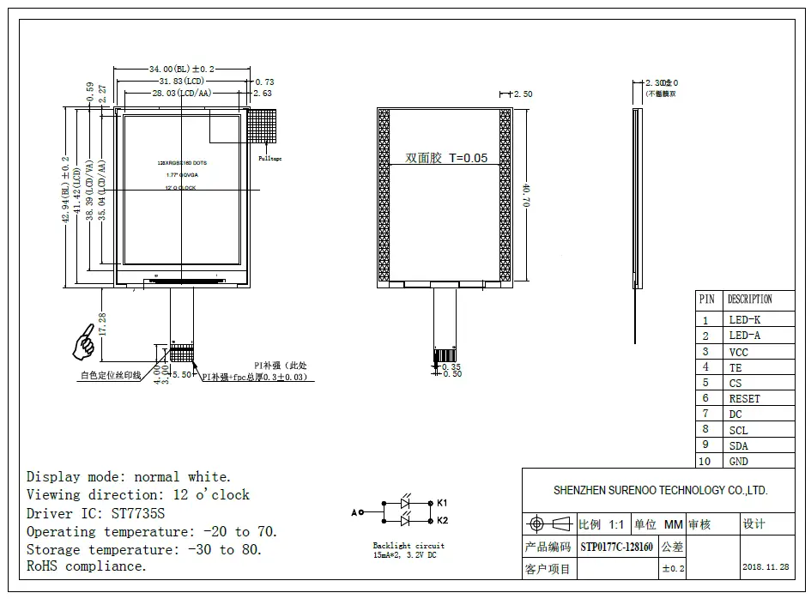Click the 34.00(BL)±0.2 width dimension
point(182,69)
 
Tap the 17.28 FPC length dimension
point(104,324)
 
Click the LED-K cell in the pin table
point(744,320)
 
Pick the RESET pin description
point(744,398)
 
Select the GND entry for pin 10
point(738,461)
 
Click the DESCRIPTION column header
point(749,299)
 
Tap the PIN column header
point(706,299)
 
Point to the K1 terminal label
point(443,502)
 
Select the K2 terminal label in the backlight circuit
point(443,520)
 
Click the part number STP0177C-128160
point(616,547)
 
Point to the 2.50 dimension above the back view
point(523,94)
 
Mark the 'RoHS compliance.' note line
point(87,566)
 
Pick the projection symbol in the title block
point(548,523)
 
